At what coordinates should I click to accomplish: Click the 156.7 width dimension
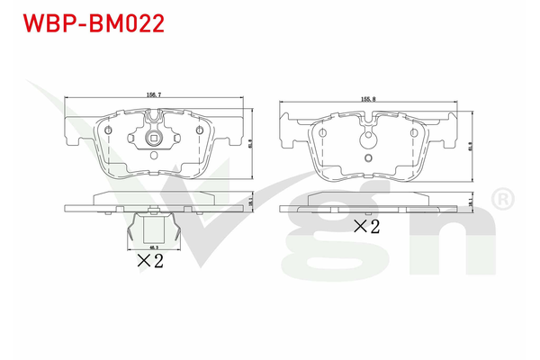coord(155,92)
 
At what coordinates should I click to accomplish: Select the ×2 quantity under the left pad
coord(148,262)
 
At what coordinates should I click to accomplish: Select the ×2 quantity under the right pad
coord(367,227)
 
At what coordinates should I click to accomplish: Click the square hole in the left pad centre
coord(156,138)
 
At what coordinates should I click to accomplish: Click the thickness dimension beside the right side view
coord(471,206)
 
